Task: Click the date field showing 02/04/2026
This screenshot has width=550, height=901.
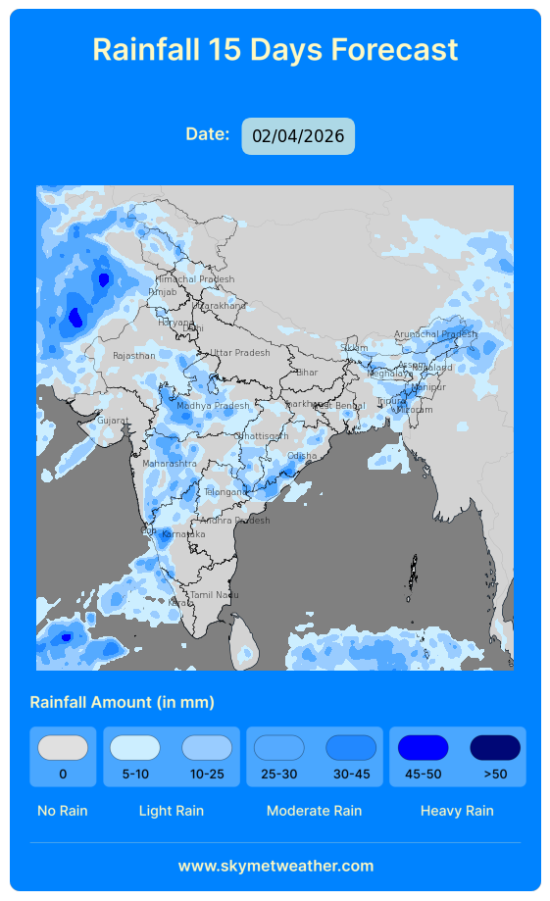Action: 298,136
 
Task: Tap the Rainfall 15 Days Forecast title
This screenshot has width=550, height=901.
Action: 275,49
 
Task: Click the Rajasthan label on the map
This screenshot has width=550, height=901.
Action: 134,356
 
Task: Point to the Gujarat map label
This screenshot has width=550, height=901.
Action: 113,421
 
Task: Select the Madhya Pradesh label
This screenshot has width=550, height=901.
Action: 213,406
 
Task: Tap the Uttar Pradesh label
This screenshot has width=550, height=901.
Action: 240,353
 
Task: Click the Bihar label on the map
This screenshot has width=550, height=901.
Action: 307,373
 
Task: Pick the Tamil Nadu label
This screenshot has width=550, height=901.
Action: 215,595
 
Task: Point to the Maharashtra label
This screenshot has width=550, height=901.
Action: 170,464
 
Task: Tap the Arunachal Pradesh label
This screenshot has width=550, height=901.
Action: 435,334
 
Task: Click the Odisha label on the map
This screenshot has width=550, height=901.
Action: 302,456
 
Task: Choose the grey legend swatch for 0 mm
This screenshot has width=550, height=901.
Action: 63,748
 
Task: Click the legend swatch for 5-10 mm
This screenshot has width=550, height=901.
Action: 135,748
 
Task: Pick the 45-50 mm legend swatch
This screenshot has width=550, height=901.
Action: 423,748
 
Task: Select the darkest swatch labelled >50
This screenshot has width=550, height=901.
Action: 495,748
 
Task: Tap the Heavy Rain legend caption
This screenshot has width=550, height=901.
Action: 457,811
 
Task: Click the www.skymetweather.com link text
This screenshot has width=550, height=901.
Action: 275,866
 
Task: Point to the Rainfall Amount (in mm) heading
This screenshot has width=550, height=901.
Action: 123,702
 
